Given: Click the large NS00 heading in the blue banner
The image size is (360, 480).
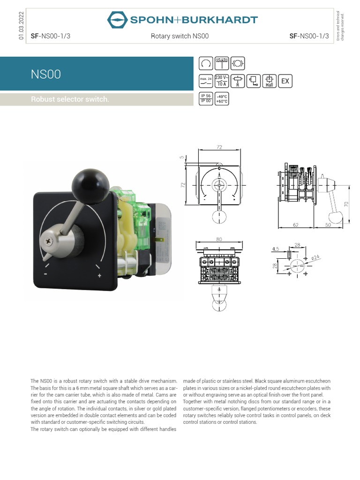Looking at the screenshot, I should (x=45, y=75).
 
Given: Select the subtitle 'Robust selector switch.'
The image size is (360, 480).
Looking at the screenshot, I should (x=70, y=99).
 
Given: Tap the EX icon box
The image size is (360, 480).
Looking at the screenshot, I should (x=285, y=81).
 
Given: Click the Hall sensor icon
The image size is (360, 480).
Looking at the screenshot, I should (x=269, y=81).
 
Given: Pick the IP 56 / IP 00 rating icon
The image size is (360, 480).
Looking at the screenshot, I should (x=206, y=98).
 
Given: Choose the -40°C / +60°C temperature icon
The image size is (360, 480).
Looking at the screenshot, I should (x=221, y=98).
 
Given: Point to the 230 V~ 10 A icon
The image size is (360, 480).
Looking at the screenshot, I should (x=222, y=81).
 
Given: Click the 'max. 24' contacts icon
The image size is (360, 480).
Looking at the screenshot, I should (x=206, y=81).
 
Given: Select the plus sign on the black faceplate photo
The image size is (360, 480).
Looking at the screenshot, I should (x=100, y=276).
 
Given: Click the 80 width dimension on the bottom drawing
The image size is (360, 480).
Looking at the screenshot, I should (x=219, y=240).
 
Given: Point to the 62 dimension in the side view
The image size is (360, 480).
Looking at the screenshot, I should (x=296, y=225).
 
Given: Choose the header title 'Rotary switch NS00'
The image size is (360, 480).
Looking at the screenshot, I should (x=180, y=36).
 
